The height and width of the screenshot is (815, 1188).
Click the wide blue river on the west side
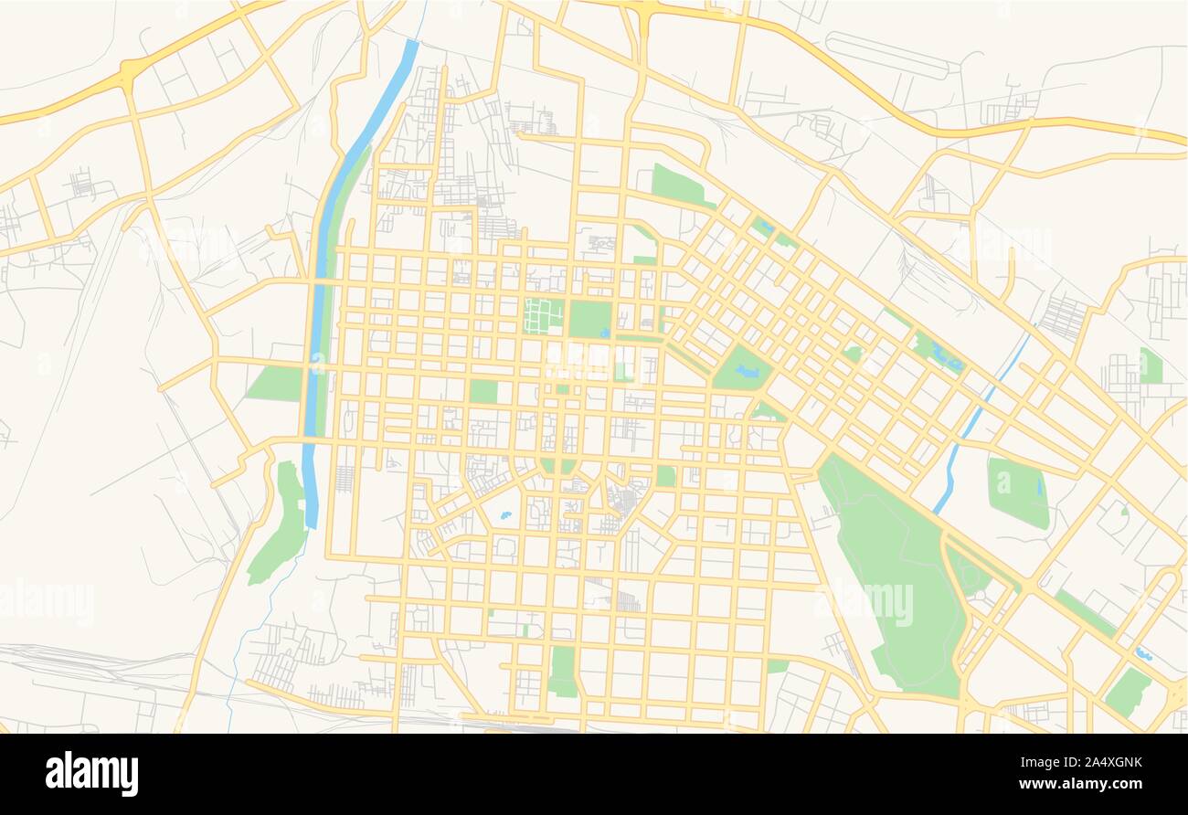[x=316, y=302]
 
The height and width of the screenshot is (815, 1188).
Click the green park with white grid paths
[x=544, y=316]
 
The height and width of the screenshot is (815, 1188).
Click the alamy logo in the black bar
[x=91, y=773]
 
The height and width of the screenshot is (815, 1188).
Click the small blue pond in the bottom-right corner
[x=1142, y=654]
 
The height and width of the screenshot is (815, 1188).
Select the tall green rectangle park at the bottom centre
[x=563, y=672]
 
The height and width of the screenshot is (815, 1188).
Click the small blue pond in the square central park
[x=605, y=333]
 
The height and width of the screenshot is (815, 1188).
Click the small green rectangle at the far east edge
[x=1150, y=366]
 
